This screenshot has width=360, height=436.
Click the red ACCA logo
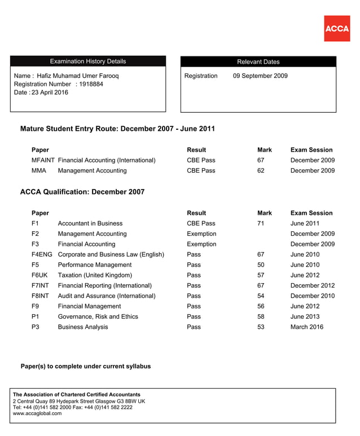pos(336,28)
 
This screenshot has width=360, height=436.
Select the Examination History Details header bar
pos(88,61)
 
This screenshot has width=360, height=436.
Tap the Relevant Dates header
pos(258,62)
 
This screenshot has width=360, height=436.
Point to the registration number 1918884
pos(91,84)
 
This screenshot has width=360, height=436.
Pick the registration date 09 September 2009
pos(260,76)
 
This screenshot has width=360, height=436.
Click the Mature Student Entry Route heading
pos(117,129)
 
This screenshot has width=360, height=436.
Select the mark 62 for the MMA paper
pos(261,170)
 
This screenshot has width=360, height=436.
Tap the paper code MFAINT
pos(43,160)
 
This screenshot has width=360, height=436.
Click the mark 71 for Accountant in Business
pos(261,223)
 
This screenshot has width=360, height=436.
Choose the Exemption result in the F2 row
pos(201,234)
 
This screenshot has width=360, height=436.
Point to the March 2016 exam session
pos(307,327)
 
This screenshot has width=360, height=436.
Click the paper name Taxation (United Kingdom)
pos(95,275)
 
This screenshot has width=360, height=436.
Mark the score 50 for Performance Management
pos(261,265)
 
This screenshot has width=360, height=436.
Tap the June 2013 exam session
pos(305,316)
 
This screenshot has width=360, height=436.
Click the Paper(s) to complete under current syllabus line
pos(86,367)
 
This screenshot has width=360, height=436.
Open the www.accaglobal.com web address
pos(37,413)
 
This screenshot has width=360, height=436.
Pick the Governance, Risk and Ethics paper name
pos(98,316)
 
